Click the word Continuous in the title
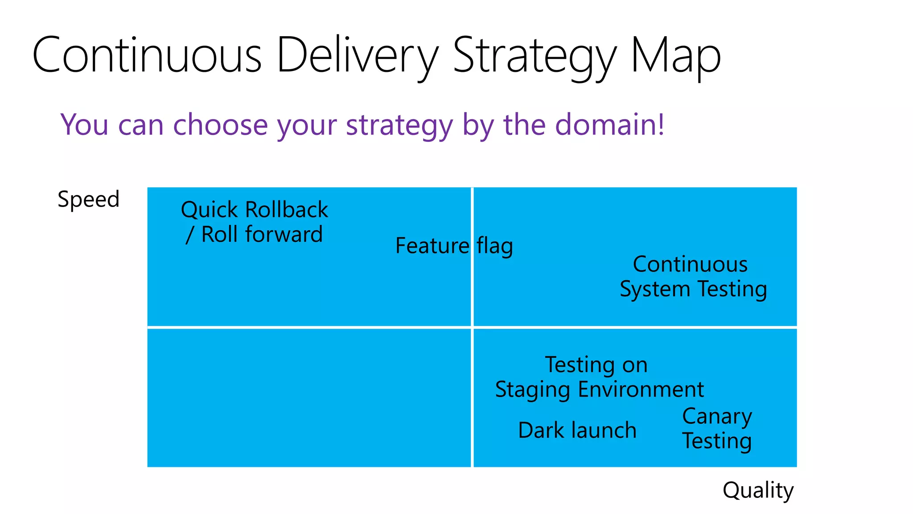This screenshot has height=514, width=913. click(147, 55)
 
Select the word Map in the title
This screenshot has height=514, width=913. click(676, 55)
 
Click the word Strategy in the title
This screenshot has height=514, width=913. click(535, 55)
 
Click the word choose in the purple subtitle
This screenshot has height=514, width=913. click(220, 124)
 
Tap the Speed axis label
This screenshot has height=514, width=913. click(89, 199)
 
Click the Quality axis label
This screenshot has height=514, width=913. click(758, 490)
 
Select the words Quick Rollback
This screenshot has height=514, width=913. click(255, 210)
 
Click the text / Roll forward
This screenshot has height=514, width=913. click(254, 234)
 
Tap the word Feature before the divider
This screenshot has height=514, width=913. click(432, 246)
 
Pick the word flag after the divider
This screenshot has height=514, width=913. click(495, 246)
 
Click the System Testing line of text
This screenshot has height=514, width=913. click(693, 289)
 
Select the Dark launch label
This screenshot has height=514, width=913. click(577, 431)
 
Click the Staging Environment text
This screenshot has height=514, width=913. click(599, 390)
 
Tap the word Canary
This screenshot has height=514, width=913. click(717, 417)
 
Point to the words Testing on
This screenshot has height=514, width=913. click(596, 365)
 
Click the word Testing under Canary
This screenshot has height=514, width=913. click(717, 441)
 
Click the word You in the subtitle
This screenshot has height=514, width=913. click(85, 124)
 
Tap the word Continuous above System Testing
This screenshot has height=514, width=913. click(690, 264)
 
